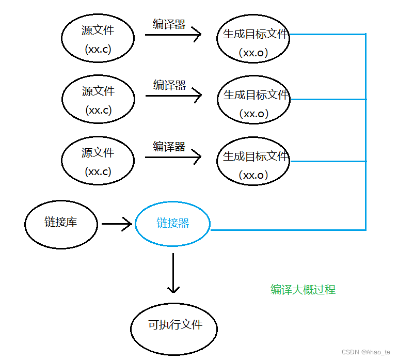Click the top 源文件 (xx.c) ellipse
[x=98, y=39]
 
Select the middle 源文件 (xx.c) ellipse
[x=98, y=100]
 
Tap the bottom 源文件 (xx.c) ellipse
[x=98, y=162]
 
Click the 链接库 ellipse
[x=61, y=224]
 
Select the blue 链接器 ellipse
[x=172, y=224]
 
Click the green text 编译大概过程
[x=303, y=290]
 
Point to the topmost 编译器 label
[x=169, y=24]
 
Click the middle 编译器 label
[x=169, y=85]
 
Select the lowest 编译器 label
[x=169, y=146]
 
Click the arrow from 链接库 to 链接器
[x=117, y=224]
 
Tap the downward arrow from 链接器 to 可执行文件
[x=173, y=273]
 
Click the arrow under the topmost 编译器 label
[x=173, y=35]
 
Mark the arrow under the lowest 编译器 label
[x=173, y=157]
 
